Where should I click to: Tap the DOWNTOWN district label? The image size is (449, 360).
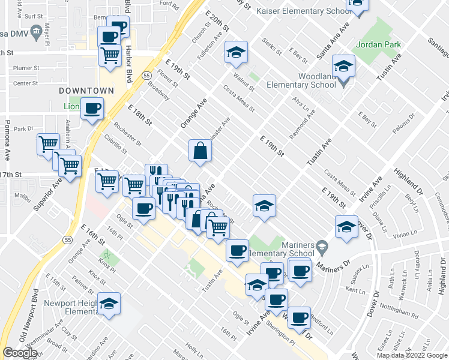tap(86, 90)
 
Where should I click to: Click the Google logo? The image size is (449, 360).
tap(20, 353)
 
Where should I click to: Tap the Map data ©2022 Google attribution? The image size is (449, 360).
tap(412, 355)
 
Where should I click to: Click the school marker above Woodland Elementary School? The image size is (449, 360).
tap(343, 65)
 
